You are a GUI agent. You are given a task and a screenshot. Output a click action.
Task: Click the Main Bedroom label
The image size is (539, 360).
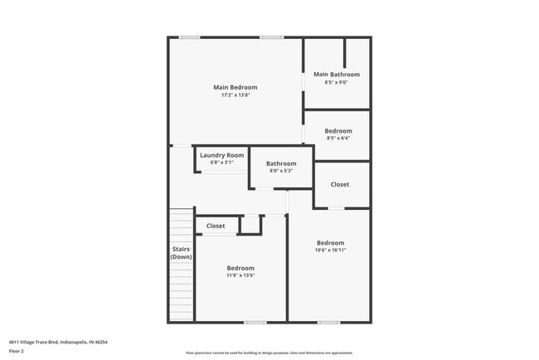pos(235,87)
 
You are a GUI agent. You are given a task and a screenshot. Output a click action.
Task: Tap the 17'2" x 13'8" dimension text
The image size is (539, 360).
pos(235,95)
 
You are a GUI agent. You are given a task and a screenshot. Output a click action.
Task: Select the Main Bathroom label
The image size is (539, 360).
pos(336,75)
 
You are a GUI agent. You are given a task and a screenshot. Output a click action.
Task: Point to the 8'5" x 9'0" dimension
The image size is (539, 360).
pos(336,82)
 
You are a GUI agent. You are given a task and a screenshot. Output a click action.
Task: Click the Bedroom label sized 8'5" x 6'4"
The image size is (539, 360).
pos(337,131)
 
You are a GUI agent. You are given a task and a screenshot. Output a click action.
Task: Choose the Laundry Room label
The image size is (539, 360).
pos(222,155)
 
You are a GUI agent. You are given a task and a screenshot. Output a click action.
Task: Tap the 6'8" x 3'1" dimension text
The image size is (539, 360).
pos(222,163)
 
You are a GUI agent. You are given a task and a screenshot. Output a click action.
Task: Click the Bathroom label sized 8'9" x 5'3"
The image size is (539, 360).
pos(281,163)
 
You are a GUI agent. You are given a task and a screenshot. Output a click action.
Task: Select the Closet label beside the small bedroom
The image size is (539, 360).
pos(340,184)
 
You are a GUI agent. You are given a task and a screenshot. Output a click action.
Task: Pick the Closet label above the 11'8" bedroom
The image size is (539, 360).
pos(216,226)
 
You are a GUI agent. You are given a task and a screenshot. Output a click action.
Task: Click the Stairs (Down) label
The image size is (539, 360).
pos(181,253)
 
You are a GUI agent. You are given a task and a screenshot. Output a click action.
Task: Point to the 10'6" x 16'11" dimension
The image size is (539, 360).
pos(330,250)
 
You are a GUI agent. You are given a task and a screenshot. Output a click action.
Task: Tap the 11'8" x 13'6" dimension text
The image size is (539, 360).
pos(240,275)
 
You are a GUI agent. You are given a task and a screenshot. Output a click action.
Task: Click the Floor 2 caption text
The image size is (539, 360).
pos(17,351)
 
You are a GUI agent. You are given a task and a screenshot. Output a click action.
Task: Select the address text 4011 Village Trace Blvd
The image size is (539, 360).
pos(58,341)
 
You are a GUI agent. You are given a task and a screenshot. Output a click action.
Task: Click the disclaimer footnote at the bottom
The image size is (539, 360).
pos(269,353)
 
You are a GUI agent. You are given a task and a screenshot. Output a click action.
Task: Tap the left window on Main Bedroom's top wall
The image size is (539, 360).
pos(190,37)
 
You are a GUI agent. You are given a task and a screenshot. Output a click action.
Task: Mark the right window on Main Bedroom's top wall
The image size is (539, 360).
pos(271,37)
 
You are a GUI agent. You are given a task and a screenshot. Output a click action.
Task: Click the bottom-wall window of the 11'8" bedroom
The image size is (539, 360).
pos(255,322)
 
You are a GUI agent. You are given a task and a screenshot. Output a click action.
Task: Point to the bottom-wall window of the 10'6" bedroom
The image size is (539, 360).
pos(328,322)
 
